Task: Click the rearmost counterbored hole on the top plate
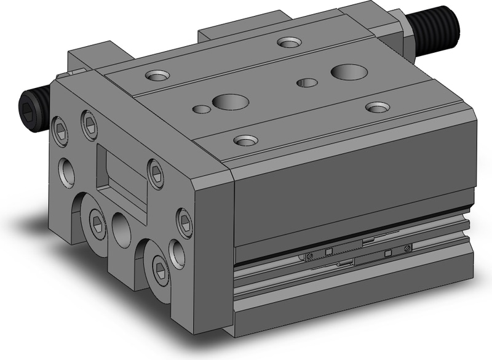click(288, 42)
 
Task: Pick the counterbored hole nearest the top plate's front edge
click(246, 140)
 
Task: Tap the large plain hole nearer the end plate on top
click(228, 101)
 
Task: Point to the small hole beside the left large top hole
click(200, 110)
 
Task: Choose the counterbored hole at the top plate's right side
click(378, 107)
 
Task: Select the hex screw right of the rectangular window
click(156, 173)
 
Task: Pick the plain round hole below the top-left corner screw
click(66, 172)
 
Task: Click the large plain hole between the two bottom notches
click(122, 231)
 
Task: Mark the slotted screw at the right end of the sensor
click(408, 248)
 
